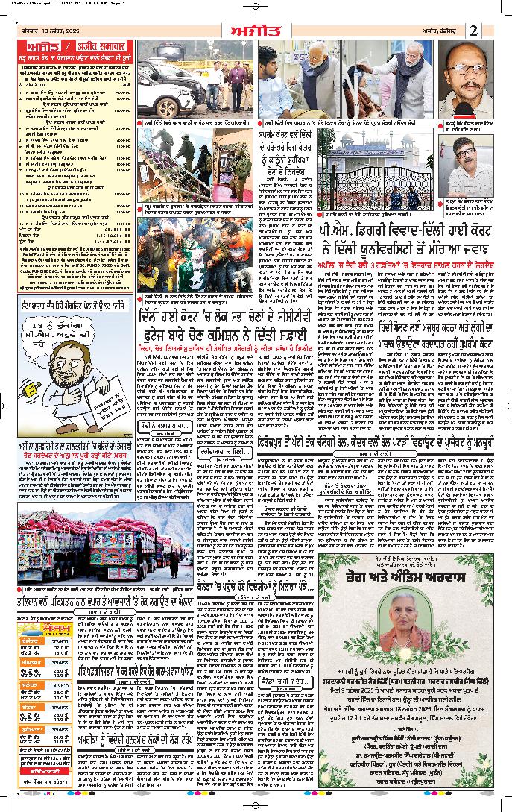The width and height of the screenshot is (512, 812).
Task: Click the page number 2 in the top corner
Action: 475,30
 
